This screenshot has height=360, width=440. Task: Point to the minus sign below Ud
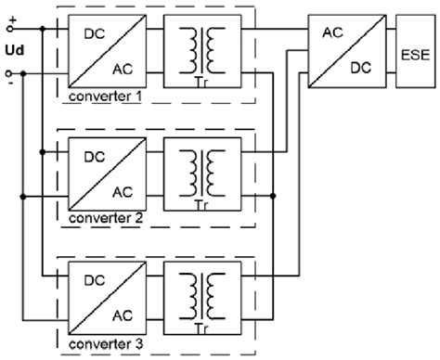pos(11,82)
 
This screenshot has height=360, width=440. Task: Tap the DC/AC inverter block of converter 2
pos(107,174)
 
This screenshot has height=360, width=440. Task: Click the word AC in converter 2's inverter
pos(122,191)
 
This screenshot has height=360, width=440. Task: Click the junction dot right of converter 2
pos(275,195)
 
